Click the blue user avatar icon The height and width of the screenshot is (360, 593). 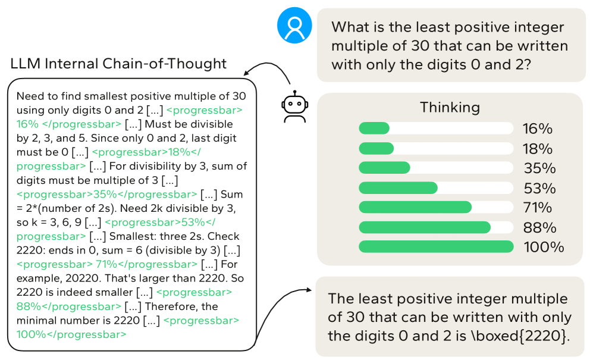[294, 26]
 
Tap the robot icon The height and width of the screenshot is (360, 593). [294, 107]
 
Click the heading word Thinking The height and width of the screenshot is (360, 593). [450, 108]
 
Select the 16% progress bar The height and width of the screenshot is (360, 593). [436, 129]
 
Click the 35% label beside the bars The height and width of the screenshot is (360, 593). [539, 168]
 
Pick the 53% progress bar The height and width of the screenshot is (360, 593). [436, 188]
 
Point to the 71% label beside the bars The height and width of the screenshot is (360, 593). [538, 208]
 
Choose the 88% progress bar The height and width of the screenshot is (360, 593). [436, 227]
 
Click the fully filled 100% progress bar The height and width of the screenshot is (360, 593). [436, 247]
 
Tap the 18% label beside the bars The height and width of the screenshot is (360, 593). [538, 149]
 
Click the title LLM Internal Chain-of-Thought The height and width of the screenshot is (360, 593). [118, 64]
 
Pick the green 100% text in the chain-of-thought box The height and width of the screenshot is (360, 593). [31, 334]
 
